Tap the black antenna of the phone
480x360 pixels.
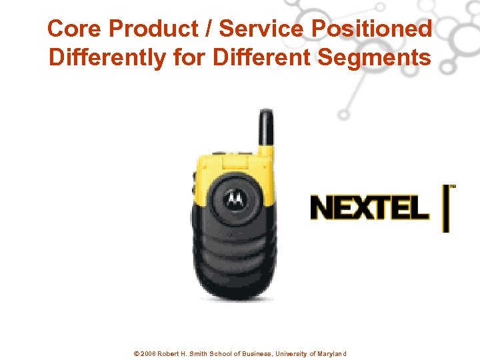point(266,130)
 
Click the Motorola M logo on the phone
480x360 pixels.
point(233,197)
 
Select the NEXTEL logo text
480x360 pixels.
point(369,207)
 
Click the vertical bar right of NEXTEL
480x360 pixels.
point(446,208)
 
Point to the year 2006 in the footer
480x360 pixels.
point(148,354)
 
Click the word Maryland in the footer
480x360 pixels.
point(330,354)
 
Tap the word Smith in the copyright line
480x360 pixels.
point(197,354)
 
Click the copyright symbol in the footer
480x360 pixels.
point(137,354)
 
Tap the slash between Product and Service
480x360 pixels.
point(209,29)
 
